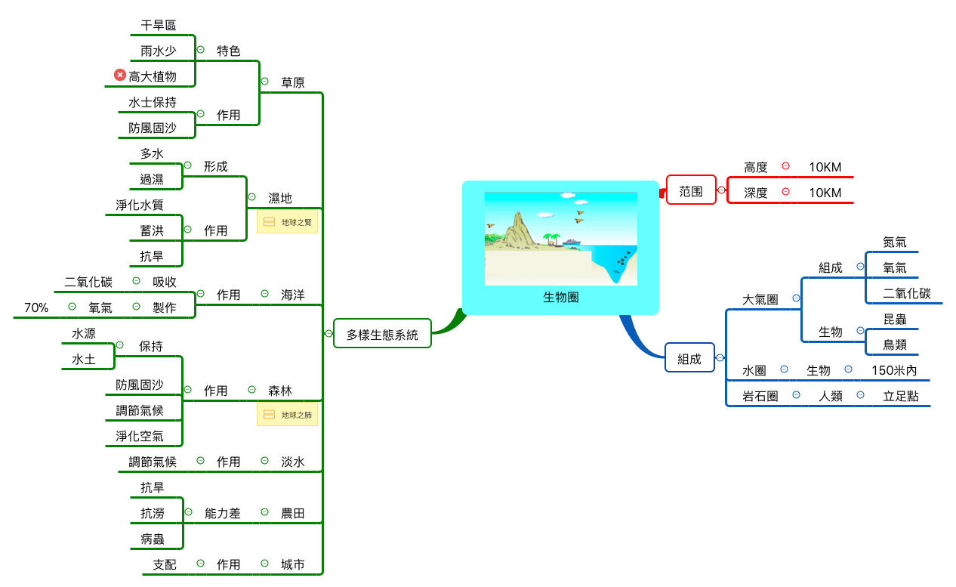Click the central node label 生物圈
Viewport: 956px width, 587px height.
[560, 298]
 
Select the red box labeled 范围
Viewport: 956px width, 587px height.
[691, 192]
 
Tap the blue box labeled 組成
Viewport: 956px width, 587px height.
[689, 360]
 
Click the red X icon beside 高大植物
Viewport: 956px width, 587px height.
[119, 75]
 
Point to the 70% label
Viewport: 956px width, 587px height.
[36, 307]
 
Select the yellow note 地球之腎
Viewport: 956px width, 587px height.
[288, 223]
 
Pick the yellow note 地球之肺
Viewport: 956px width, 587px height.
[288, 415]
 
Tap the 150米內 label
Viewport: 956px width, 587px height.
[894, 370]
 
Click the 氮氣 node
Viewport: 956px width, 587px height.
[895, 243]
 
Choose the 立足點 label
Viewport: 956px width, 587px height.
[900, 396]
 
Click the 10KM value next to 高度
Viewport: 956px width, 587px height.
[825, 167]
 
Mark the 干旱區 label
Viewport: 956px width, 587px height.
[159, 25]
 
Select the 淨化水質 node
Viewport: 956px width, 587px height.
[140, 205]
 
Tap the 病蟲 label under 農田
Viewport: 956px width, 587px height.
[153, 539]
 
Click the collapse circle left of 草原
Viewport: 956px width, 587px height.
[264, 81]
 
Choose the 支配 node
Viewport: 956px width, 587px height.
[165, 564]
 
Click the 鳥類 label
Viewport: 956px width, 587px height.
[895, 345]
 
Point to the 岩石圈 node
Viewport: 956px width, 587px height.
[760, 396]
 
